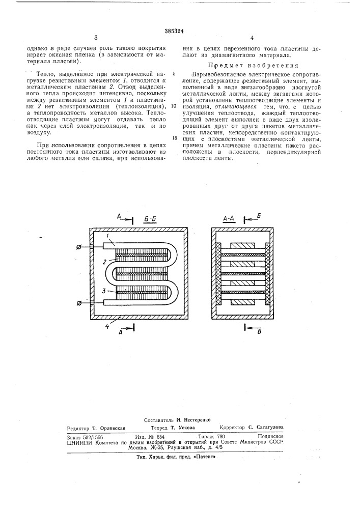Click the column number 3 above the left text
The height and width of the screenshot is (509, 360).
coord(96,38)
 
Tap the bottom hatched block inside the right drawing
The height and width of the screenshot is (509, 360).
coord(243,302)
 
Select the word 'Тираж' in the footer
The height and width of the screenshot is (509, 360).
coord(205,437)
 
